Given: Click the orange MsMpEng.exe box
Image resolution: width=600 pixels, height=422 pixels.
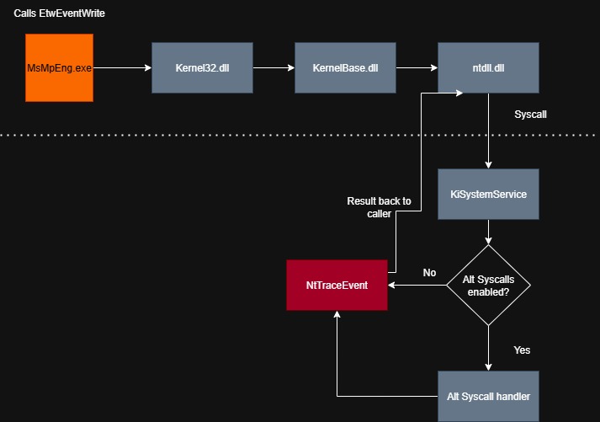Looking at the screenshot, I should pyautogui.click(x=59, y=67).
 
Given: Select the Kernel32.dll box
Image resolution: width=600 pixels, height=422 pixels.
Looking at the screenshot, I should pyautogui.click(x=202, y=67).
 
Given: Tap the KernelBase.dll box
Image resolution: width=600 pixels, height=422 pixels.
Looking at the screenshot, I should pyautogui.click(x=345, y=67).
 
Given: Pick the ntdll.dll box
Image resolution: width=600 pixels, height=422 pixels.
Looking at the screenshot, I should pyautogui.click(x=488, y=67).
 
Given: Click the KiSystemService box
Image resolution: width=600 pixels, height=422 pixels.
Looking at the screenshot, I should pyautogui.click(x=488, y=194).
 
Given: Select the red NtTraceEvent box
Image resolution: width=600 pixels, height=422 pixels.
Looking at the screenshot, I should pyautogui.click(x=337, y=286).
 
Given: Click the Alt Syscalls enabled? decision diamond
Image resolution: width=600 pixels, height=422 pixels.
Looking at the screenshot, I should pyautogui.click(x=488, y=286).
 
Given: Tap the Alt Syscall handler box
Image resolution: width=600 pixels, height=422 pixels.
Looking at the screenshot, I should pyautogui.click(x=488, y=396).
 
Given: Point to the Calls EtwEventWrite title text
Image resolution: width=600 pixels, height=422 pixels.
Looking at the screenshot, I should pyautogui.click(x=60, y=15).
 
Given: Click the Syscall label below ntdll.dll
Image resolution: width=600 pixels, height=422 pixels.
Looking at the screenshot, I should pyautogui.click(x=530, y=114).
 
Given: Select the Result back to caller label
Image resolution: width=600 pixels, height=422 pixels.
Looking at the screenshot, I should pyautogui.click(x=379, y=207).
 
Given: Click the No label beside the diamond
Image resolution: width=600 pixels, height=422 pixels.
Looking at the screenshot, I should pyautogui.click(x=429, y=273).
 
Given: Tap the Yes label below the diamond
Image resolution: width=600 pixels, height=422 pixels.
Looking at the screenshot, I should pyautogui.click(x=522, y=350).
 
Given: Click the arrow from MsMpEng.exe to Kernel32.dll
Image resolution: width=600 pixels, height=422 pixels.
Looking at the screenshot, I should pyautogui.click(x=122, y=67).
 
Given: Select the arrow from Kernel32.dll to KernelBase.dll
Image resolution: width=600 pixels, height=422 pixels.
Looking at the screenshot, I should pyautogui.click(x=273, y=67).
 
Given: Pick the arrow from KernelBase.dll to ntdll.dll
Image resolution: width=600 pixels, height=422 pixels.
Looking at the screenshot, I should pyautogui.click(x=417, y=67).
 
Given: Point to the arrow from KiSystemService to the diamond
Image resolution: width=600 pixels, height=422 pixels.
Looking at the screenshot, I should pyautogui.click(x=488, y=232).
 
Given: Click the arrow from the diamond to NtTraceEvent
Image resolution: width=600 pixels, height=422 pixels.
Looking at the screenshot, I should pyautogui.click(x=417, y=286).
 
